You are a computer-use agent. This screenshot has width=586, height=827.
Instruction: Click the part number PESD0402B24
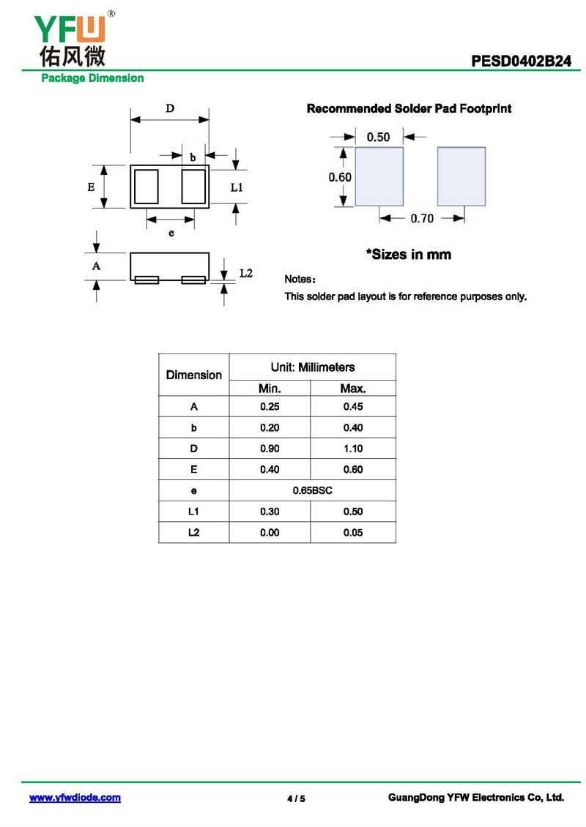tap(521, 61)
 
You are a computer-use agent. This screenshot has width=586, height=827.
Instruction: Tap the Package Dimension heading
tap(92, 78)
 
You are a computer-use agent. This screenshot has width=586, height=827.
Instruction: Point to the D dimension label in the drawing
tap(169, 109)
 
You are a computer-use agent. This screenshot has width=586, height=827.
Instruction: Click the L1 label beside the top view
tap(237, 187)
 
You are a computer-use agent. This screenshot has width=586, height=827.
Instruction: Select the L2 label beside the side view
tap(246, 273)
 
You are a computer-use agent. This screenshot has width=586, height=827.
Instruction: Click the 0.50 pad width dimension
tap(378, 137)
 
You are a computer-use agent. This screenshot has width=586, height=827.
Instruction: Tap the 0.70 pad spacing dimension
tap(421, 218)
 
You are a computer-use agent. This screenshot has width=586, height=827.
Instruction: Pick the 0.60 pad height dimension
tap(339, 177)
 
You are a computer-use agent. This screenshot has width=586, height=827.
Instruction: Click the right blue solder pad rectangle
tap(461, 176)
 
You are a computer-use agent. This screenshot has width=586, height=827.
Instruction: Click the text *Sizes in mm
tap(409, 255)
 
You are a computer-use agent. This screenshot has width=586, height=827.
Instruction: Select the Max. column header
tap(353, 389)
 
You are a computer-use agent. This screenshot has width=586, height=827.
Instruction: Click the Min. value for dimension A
tap(270, 407)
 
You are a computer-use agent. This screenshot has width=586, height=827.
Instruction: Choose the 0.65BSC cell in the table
tap(313, 490)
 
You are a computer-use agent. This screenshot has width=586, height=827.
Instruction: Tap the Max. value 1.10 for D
tap(353, 449)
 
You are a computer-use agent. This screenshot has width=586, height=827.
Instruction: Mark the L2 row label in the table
tap(193, 533)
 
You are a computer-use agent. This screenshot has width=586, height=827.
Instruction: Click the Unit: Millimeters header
tap(313, 367)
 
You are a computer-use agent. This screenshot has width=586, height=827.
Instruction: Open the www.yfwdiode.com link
tap(75, 798)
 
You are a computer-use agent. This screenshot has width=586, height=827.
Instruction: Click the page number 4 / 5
tap(296, 798)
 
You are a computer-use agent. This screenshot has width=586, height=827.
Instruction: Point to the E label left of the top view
tap(91, 187)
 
